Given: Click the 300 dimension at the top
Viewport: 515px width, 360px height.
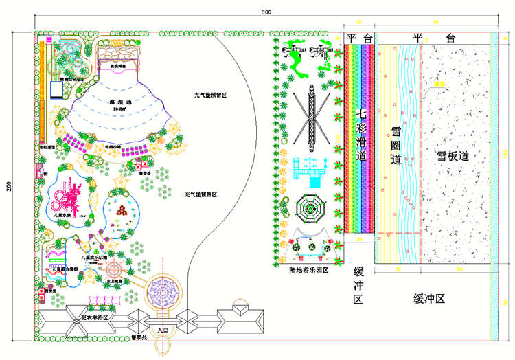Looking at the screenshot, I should pos(266,12).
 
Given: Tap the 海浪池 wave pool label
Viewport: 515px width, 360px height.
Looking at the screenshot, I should pos(121,101).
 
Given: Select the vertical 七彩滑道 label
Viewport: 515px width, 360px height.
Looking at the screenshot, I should pos(361,134).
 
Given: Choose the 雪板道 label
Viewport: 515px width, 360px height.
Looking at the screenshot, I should pos(453,156).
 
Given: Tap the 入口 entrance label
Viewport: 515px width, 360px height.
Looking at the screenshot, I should pos(162,330).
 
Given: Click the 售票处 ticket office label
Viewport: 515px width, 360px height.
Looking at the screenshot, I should pos(139,338).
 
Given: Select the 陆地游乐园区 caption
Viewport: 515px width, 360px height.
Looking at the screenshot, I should pos(309,270).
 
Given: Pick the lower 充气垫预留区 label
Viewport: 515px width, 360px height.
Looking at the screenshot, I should pos(201,194).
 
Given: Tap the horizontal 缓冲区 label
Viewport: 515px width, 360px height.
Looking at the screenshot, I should pos(430,299).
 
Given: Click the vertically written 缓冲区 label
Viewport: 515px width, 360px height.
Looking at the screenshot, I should pos(358,285).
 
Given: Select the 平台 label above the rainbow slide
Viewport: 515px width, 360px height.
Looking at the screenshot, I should pos(359,38).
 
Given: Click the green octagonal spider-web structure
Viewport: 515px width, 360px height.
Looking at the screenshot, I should pos(309,208).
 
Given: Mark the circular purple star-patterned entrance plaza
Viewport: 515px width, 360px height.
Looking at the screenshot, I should pos(162,293).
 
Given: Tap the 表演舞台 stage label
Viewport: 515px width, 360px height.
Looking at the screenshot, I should pos(122,66).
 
